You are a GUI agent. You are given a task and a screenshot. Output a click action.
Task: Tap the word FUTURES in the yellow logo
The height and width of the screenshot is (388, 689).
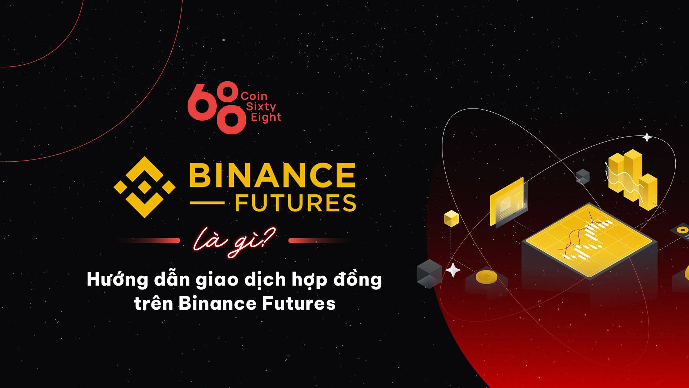[296, 203]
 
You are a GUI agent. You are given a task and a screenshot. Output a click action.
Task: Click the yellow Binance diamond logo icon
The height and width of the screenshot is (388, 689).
[144, 187]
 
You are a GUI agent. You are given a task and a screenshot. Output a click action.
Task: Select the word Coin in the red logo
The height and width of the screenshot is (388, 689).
[254, 96]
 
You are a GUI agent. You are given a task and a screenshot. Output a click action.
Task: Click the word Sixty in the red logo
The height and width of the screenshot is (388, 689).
[261, 107]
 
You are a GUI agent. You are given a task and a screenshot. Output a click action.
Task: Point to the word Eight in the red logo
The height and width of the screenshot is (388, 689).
[266, 117]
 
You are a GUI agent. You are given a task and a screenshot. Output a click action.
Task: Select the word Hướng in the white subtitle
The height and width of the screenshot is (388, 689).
[117, 280]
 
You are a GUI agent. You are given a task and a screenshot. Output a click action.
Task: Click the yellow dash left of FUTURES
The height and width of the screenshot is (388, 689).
[207, 203]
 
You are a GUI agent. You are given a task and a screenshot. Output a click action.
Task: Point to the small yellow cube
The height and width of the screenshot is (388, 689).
[451, 218]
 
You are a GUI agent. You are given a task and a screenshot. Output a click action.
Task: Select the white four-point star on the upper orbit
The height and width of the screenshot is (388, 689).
[647, 137]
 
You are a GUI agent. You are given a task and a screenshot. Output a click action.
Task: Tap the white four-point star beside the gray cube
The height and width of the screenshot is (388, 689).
[453, 270]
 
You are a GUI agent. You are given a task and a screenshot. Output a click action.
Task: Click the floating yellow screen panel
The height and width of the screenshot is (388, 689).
[507, 202]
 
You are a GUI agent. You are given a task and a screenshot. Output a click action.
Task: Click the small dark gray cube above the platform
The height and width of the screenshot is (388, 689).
[582, 176]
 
